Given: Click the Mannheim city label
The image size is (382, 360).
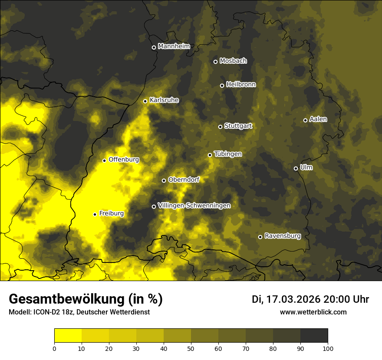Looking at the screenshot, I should pyautogui.click(x=174, y=46).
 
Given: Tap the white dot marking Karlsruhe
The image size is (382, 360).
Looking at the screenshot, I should pyautogui.click(x=145, y=101).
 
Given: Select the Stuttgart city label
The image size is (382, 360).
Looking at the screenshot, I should pyautogui.click(x=238, y=126).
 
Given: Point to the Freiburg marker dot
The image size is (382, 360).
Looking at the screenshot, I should pyautogui.click(x=95, y=214).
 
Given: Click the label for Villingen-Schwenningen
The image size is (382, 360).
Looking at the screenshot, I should pyautogui.click(x=194, y=206).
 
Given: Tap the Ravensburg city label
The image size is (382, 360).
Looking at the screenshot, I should pyautogui.click(x=283, y=236).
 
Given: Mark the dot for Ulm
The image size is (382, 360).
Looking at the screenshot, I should pyautogui.click(x=296, y=168).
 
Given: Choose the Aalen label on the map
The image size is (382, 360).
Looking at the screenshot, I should pyautogui.click(x=318, y=119).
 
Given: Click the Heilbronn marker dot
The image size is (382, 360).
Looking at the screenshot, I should pyautogui.click(x=222, y=85).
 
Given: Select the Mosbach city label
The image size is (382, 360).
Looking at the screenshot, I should pyautogui.click(x=233, y=61).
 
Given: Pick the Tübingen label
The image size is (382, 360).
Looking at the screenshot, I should pyautogui.click(x=228, y=154).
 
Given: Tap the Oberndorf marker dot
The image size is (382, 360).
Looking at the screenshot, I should pyautogui.click(x=164, y=180).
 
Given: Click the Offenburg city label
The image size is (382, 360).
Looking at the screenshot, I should pyautogui.click(x=124, y=160).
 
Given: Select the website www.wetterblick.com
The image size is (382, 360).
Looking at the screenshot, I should pyautogui.click(x=313, y=312).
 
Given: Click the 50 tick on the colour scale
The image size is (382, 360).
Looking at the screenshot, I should pyautogui.click(x=191, y=348).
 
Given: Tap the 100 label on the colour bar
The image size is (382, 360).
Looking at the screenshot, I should pyautogui.click(x=328, y=348).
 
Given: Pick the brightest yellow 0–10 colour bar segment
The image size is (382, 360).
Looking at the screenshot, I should pyautogui.click(x=68, y=335).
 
